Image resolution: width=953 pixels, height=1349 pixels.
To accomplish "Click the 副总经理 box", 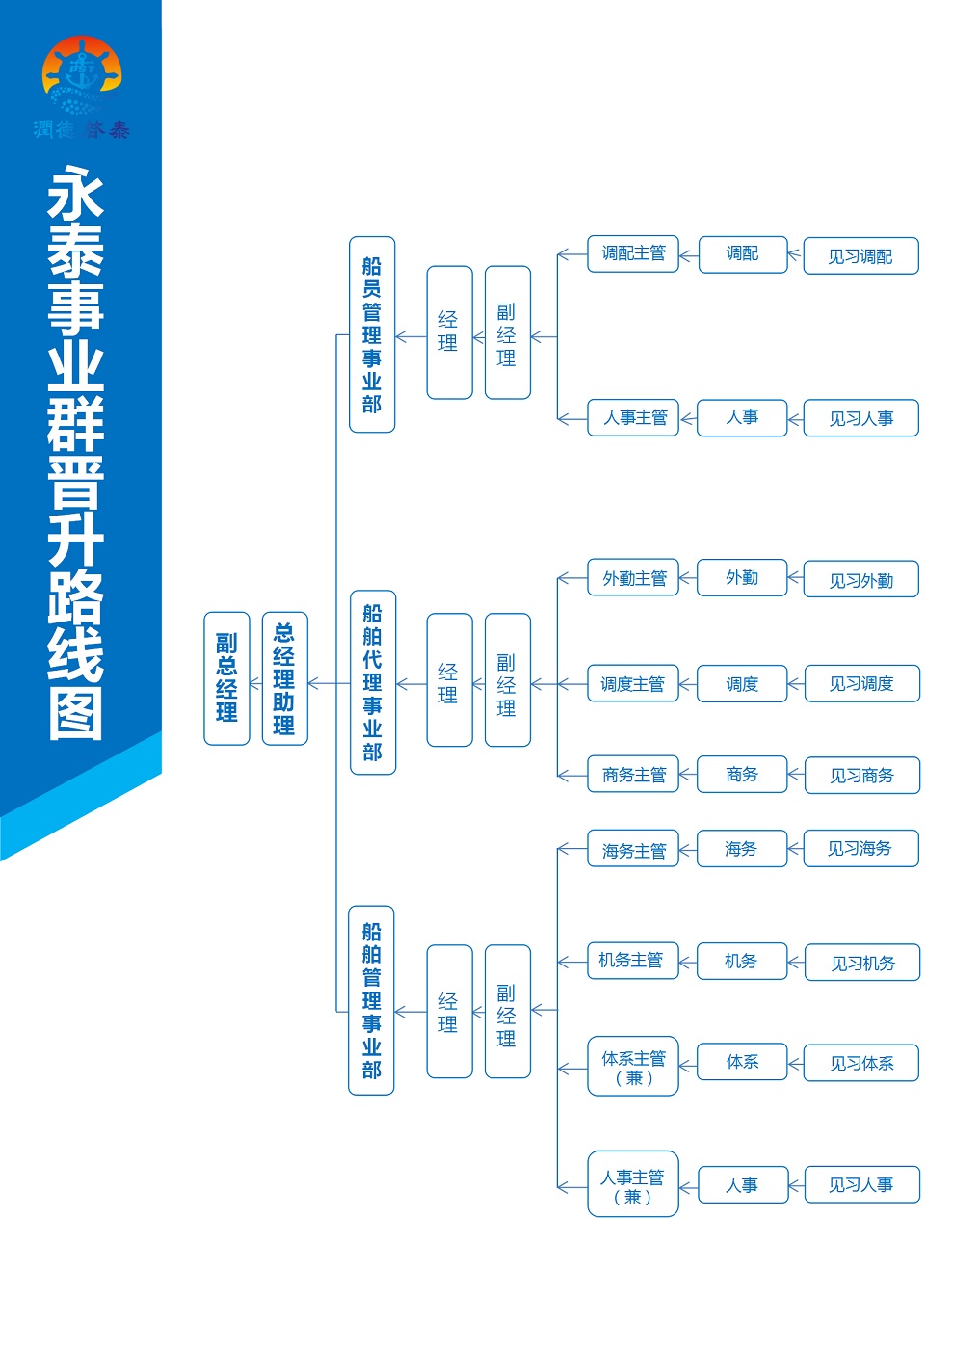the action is click(226, 678).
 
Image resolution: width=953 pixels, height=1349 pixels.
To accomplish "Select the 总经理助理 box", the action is click(285, 678).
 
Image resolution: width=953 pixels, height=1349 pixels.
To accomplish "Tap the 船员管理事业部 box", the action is click(372, 334).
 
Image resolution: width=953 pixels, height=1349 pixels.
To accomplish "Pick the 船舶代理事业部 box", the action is click(373, 682).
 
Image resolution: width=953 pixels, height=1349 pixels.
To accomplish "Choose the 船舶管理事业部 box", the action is click(371, 1000).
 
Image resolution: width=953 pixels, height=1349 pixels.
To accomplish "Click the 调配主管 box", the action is click(632, 253).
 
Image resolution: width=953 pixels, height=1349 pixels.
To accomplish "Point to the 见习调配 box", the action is click(860, 256).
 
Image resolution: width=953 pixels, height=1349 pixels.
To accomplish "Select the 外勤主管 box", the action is click(632, 577).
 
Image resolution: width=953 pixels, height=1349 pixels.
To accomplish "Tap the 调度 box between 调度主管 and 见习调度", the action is click(742, 683).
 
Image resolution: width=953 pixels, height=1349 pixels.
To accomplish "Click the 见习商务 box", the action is click(862, 775).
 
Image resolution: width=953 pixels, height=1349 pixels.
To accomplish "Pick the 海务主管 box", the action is click(632, 849).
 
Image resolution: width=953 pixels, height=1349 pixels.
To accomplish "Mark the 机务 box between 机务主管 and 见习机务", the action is click(742, 962).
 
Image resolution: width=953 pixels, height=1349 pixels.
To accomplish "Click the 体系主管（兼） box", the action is click(632, 1066).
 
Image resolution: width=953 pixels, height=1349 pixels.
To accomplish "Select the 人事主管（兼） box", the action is click(632, 1184).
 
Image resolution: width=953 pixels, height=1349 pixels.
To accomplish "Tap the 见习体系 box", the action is click(860, 1063).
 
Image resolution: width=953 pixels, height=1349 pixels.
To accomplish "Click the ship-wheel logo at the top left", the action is click(81, 75).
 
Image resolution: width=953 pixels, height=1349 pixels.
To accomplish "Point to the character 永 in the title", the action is click(76, 192).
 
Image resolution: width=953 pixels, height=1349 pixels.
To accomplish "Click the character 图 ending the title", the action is click(76, 714).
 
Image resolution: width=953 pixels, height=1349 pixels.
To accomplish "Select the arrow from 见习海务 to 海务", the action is click(795, 849).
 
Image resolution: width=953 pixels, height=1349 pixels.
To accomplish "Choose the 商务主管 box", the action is click(632, 774).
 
